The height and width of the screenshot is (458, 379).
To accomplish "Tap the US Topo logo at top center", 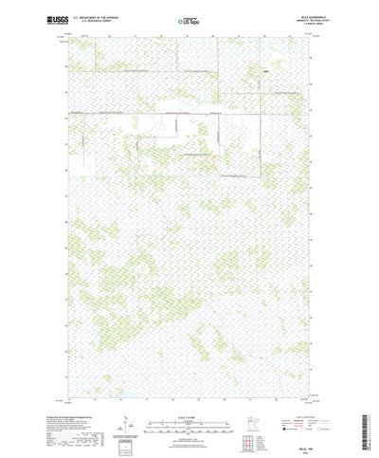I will [189, 18].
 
